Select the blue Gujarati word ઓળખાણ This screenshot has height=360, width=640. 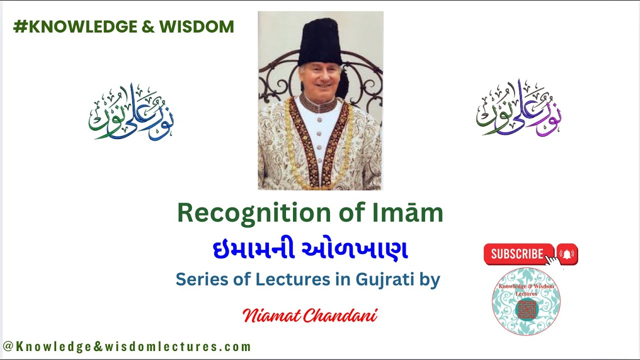pyautogui.click(x=358, y=250)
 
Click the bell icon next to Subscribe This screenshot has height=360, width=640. pyautogui.click(x=567, y=254)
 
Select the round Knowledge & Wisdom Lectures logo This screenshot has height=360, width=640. pyautogui.click(x=526, y=301)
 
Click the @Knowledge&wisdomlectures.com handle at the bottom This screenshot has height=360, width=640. pyautogui.click(x=126, y=346)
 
